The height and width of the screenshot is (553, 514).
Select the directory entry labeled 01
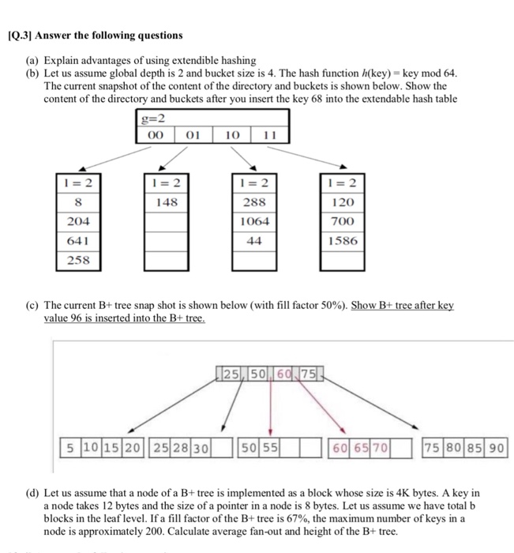[x=192, y=135]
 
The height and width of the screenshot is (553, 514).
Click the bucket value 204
[x=77, y=222]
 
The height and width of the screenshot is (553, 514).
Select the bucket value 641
[x=77, y=240]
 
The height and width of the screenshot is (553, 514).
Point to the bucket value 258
[x=77, y=259]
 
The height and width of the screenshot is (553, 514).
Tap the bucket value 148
[x=167, y=202]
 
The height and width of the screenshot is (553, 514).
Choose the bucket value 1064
[x=253, y=222]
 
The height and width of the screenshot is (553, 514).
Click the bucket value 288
[x=253, y=202]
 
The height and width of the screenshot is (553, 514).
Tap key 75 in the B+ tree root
[x=306, y=372]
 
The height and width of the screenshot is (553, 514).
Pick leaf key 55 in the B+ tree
[x=270, y=448]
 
